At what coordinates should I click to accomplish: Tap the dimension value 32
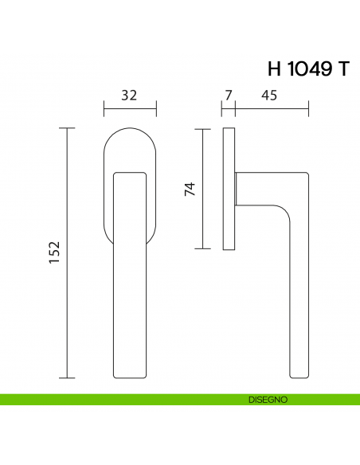[x=129, y=96]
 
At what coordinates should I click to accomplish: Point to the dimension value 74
[x=190, y=189]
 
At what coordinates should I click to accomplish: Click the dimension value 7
[x=229, y=96]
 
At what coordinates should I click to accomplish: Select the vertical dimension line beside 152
[x=68, y=253]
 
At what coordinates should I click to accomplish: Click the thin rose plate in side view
[x=229, y=189]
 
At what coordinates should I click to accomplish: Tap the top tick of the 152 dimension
[x=68, y=128]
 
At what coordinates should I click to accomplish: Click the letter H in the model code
[x=275, y=69]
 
